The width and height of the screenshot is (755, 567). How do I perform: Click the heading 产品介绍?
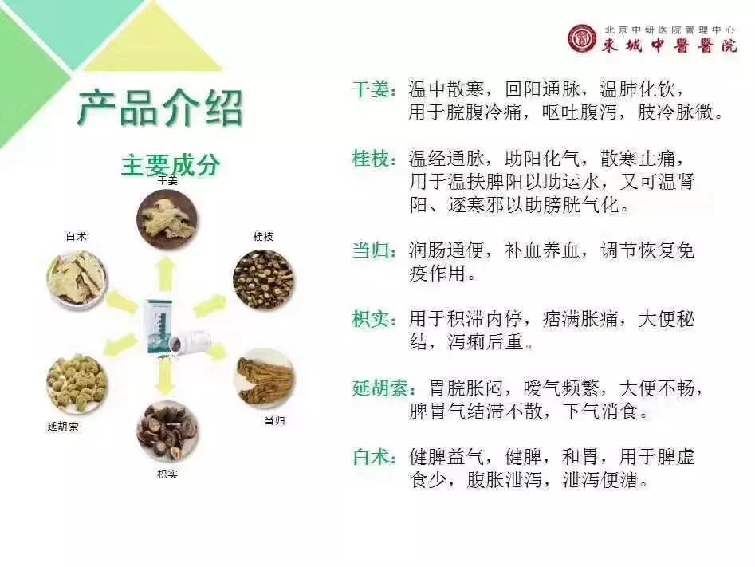pyautogui.click(x=160, y=108)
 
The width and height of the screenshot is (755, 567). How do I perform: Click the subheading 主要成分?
pyautogui.click(x=171, y=165)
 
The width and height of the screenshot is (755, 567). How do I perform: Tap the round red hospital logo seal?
pyautogui.click(x=582, y=38)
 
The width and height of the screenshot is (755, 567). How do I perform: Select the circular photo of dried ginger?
pyautogui.click(x=167, y=219)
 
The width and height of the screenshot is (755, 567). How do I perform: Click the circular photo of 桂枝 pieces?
pyautogui.click(x=263, y=280)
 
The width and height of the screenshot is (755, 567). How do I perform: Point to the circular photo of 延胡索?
pyautogui.click(x=77, y=384)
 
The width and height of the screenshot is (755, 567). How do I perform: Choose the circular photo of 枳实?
pyautogui.click(x=167, y=431)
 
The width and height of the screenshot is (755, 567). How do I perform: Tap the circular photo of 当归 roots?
pyautogui.click(x=265, y=379)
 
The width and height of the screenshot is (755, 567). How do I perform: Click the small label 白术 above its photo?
pyautogui.click(x=77, y=237)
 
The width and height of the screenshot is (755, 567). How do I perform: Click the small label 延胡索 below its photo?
pyautogui.click(x=63, y=427)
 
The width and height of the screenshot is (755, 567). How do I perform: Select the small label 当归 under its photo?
pyautogui.click(x=275, y=420)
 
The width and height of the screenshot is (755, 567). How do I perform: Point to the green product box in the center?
pyautogui.click(x=159, y=328)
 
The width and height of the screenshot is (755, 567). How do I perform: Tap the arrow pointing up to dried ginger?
pyautogui.click(x=166, y=274)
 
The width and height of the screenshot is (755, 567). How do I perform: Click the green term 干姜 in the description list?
pyautogui.click(x=372, y=89)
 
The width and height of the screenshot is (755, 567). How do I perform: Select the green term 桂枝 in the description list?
pyautogui.click(x=372, y=159)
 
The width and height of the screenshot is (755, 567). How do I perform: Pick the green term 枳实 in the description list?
pyautogui.click(x=372, y=319)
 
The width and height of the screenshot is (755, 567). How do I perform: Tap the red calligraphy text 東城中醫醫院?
pyautogui.click(x=669, y=45)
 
